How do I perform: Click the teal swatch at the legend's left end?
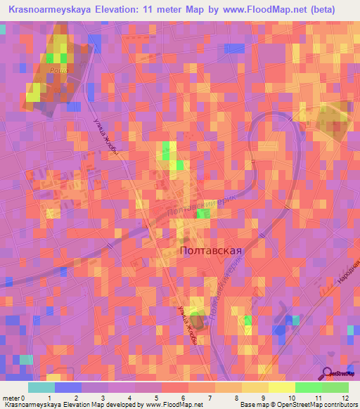coord(41,387)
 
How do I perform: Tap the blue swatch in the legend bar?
coord(67,387)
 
